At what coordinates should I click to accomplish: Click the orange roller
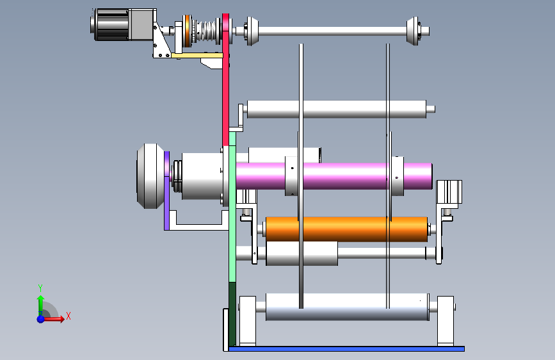(346, 229)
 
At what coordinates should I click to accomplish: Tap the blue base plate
(346, 349)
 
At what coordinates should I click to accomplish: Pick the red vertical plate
(225, 80)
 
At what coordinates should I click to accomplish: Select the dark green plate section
(232, 314)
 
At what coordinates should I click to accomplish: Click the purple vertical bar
(166, 191)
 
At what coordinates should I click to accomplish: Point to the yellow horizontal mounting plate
(197, 55)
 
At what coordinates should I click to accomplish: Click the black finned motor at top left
(111, 24)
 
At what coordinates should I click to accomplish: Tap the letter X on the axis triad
(68, 316)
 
